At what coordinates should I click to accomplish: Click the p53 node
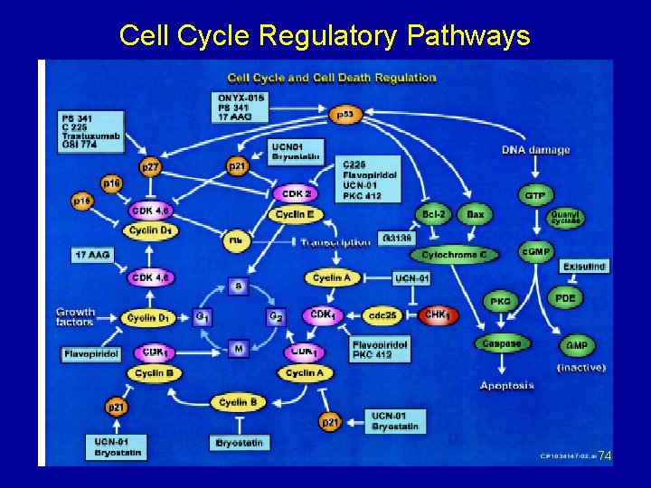[x=344, y=115]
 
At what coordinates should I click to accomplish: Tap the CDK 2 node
[x=297, y=193]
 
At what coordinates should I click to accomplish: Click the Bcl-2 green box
[x=433, y=214]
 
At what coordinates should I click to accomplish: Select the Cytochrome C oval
[x=459, y=255]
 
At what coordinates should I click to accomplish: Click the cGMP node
[x=535, y=250]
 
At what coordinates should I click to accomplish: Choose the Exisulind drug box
[x=584, y=267]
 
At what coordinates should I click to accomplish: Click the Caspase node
[x=502, y=343]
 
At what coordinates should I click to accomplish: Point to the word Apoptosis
[x=506, y=386]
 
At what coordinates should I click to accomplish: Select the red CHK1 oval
[x=439, y=315]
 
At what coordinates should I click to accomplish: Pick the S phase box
[x=239, y=286]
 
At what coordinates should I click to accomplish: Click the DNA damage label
[x=535, y=150]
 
